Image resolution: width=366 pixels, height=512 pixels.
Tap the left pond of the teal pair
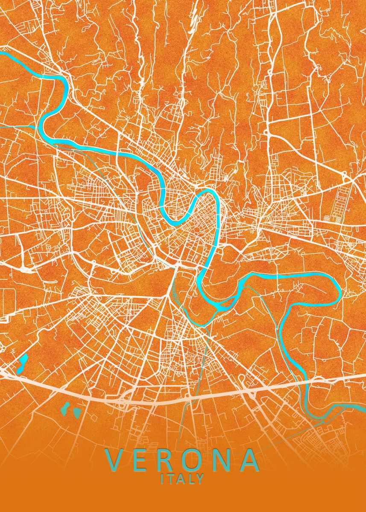point(65,408)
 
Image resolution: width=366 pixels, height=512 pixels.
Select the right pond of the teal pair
point(77,412)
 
